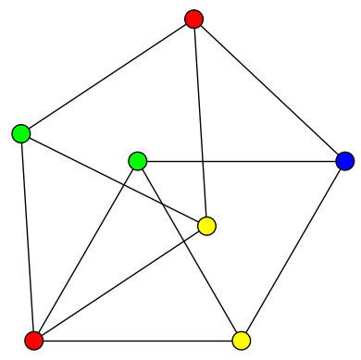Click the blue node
pyautogui.click(x=345, y=162)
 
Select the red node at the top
pyautogui.click(x=193, y=19)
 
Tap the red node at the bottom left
pyautogui.click(x=34, y=341)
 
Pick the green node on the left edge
pyautogui.click(x=21, y=134)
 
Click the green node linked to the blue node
pyautogui.click(x=138, y=161)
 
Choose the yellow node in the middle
pyautogui.click(x=207, y=226)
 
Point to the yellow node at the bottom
pyautogui.click(x=242, y=341)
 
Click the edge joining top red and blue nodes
pyautogui.click(x=269, y=90)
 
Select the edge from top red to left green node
pyautogui.click(x=107, y=76)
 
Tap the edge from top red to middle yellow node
pyautogui.click(x=200, y=122)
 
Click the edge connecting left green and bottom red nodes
pyautogui.click(x=28, y=237)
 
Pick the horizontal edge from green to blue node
pyautogui.click(x=268, y=162)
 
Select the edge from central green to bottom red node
pyautogui.click(x=86, y=251)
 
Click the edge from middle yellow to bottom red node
pyautogui.click(x=120, y=283)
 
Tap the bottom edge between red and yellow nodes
pyautogui.click(x=138, y=341)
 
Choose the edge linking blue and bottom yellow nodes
pyautogui.click(x=293, y=251)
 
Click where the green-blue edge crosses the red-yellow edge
pyautogui.click(x=203, y=162)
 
